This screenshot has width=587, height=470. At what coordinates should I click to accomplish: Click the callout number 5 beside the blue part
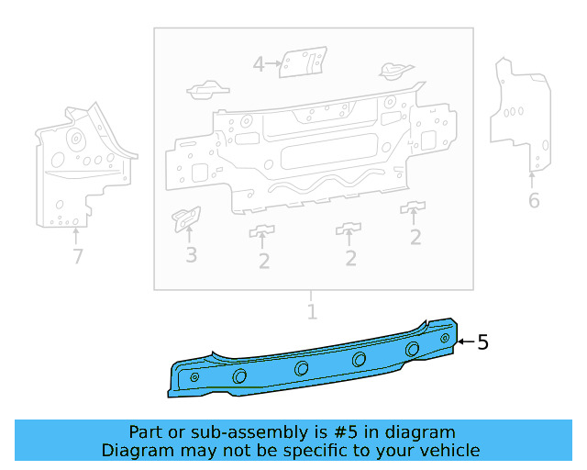pyautogui.click(x=482, y=342)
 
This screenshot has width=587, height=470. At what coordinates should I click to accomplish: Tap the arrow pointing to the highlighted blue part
pyautogui.click(x=465, y=342)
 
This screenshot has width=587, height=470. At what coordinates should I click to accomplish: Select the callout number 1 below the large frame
pyautogui.click(x=312, y=312)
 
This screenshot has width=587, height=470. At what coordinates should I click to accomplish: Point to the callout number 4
pyautogui.click(x=259, y=64)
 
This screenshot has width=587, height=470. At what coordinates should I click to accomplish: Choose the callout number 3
pyautogui.click(x=191, y=255)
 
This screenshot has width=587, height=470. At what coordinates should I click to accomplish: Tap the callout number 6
pyautogui.click(x=534, y=201)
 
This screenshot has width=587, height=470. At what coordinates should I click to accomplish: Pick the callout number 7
pyautogui.click(x=78, y=257)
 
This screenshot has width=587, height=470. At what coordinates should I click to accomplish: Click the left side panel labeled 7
pyautogui.click(x=78, y=165)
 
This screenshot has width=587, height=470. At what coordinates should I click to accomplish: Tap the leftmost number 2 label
pyautogui.click(x=264, y=262)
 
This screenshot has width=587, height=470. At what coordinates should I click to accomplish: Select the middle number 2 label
pyautogui.click(x=350, y=259)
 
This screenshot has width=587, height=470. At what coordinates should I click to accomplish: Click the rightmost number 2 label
pyautogui.click(x=415, y=238)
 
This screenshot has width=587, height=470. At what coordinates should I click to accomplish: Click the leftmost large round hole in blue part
pyautogui.click(x=240, y=376)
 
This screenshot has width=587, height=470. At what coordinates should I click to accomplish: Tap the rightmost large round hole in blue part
pyautogui.click(x=413, y=349)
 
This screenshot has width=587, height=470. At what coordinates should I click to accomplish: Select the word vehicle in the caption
pyautogui.click(x=449, y=450)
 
